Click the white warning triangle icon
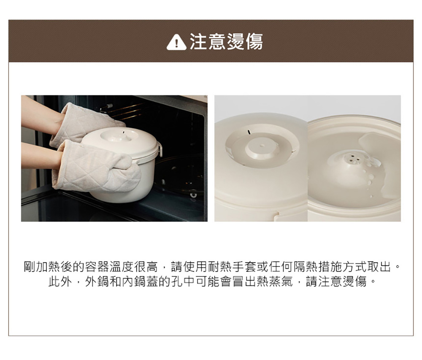[176, 43]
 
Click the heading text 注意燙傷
[226, 42]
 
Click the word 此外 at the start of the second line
[60, 282]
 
